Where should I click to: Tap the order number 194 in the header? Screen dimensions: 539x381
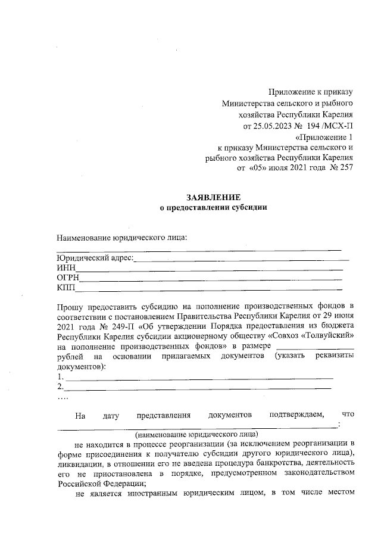tap(317, 126)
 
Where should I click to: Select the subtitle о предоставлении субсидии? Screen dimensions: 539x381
tap(213, 208)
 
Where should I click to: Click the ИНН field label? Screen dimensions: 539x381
tap(65, 268)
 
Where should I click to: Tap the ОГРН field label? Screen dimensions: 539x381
tap(68, 278)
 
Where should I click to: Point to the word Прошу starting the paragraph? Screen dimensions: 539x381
tap(70, 306)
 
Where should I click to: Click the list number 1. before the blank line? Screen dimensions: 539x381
tap(60, 376)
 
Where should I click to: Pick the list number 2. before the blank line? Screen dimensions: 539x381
tap(60, 387)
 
